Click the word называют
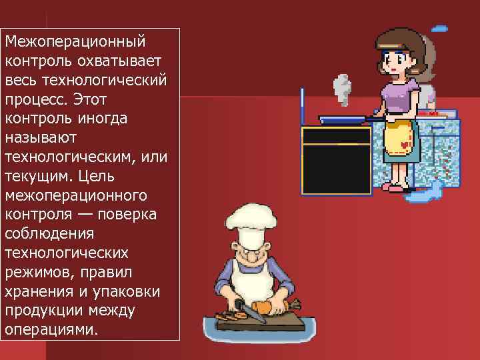point(41,138)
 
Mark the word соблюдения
point(49,234)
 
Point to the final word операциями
point(51,330)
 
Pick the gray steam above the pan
point(341,89)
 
